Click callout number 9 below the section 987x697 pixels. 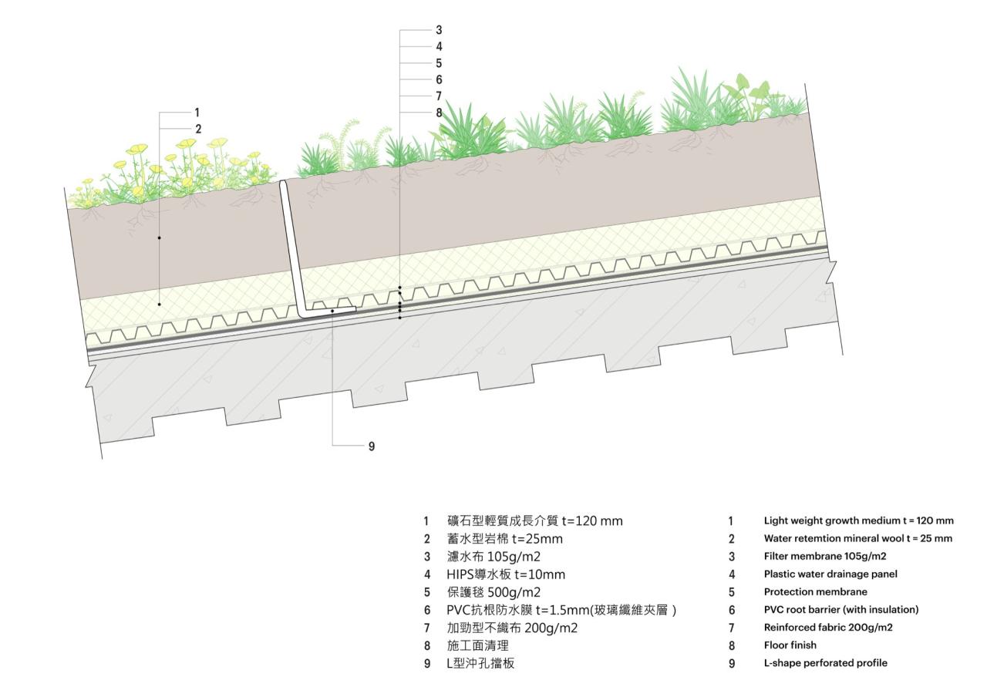point(372,446)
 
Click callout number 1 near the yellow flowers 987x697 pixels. point(197,113)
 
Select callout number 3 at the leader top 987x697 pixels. point(439,30)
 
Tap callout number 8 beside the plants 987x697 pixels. point(439,113)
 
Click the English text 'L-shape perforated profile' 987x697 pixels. point(825,663)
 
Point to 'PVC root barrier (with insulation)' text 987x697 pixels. point(841,610)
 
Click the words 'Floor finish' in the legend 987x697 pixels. point(790,645)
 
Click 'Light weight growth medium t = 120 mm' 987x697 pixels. point(858,520)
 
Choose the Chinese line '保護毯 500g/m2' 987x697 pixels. point(493,592)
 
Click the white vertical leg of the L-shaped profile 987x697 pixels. point(291,247)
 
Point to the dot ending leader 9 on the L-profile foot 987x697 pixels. point(332,311)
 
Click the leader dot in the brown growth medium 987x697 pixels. point(159,237)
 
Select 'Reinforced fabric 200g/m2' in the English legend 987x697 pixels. point(828,628)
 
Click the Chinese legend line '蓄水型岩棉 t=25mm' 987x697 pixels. point(507,539)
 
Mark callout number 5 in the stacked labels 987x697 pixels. point(439,63)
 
